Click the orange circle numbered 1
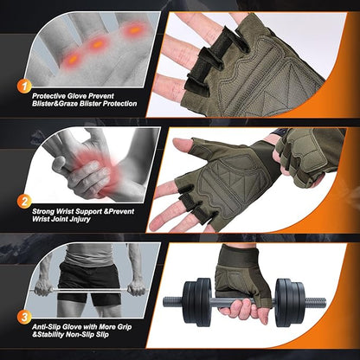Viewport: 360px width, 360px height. (25, 85)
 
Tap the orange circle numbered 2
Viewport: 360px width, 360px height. (25, 202)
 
